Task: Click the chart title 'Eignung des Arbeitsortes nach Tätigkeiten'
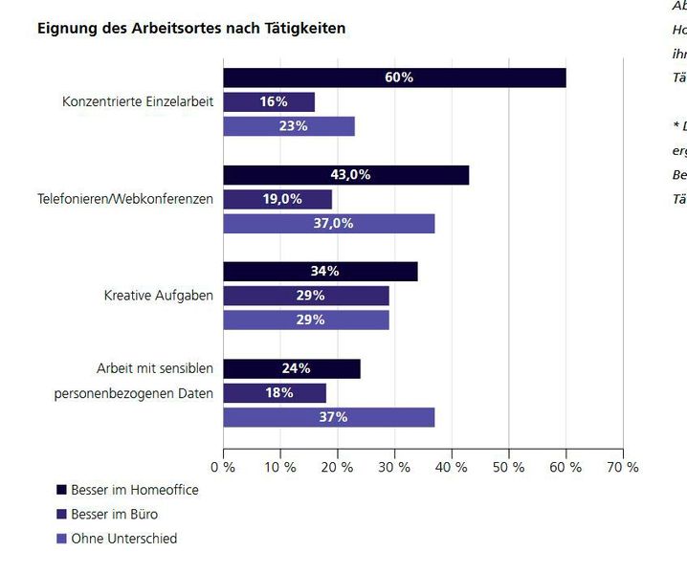pos(191,29)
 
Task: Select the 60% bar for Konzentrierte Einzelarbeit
pos(394,77)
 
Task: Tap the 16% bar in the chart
pos(269,101)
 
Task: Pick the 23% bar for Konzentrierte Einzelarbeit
pos(289,126)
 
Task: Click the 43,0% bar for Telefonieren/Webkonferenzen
pos(345,175)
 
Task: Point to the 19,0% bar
pos(277,199)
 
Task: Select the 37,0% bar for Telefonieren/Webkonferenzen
pos(329,224)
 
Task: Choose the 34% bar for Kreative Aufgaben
pos(321,272)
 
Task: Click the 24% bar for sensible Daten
pos(292,368)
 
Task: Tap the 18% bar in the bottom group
pos(275,393)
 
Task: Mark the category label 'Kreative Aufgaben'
pos(159,296)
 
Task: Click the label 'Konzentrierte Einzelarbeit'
pos(138,101)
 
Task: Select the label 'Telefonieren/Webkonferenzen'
pos(125,199)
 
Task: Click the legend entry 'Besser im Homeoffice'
pos(134,489)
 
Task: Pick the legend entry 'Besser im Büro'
pos(114,514)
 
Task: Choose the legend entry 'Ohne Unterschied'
pos(123,539)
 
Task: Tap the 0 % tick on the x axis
pos(224,467)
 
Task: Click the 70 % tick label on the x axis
pos(623,467)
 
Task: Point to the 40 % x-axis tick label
pos(452,467)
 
